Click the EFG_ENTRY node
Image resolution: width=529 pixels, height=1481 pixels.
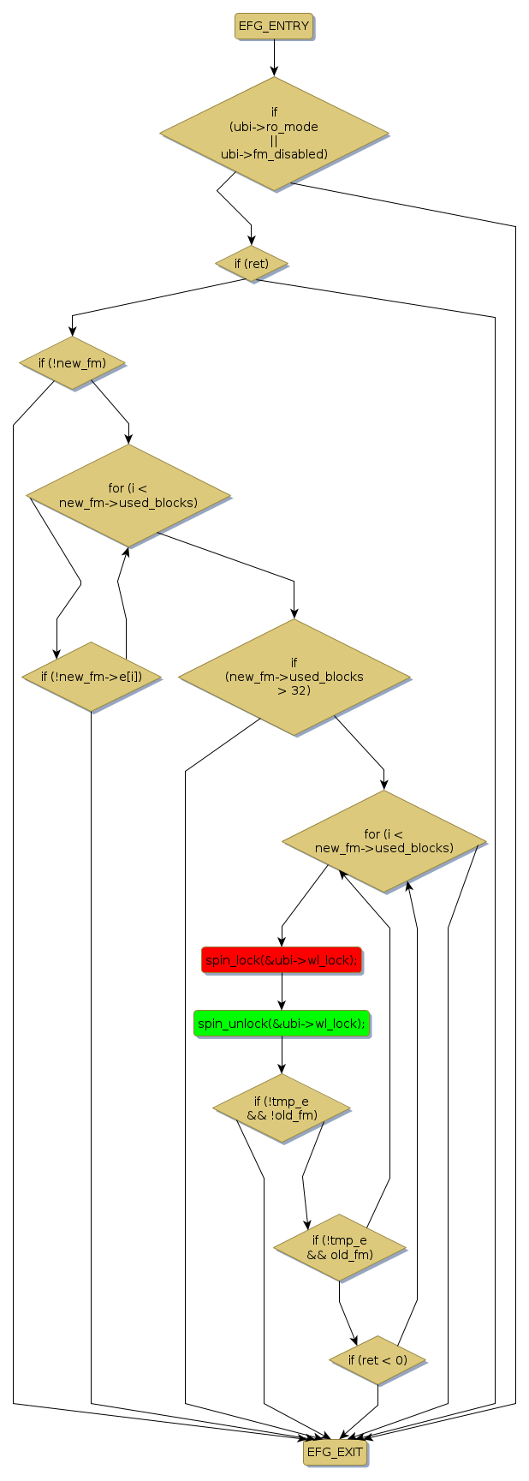click(x=274, y=27)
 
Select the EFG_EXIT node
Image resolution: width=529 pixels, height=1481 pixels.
click(x=336, y=1452)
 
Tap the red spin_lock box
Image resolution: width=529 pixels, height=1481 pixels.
click(x=281, y=960)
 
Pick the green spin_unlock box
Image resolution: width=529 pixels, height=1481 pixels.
click(x=282, y=1023)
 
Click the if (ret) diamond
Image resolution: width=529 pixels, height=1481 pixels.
click(x=251, y=264)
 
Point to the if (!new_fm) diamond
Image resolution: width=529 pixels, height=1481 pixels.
click(x=72, y=363)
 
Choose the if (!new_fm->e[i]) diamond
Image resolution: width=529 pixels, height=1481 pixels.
click(x=91, y=677)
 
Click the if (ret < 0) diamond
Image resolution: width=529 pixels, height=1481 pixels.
click(x=377, y=1360)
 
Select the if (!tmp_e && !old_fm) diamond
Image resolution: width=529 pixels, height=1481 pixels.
click(x=282, y=1108)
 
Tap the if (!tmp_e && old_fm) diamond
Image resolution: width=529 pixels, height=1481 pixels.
click(x=339, y=1248)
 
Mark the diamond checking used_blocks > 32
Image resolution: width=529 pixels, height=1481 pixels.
click(x=294, y=677)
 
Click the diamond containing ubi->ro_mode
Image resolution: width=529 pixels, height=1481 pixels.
click(x=274, y=134)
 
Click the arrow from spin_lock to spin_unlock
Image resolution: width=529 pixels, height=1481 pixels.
click(x=282, y=992)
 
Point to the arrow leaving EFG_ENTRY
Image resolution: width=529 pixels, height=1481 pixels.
click(x=274, y=58)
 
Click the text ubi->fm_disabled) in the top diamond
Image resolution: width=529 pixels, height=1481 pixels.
click(x=274, y=155)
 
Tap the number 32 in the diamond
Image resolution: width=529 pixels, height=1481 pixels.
click(x=300, y=690)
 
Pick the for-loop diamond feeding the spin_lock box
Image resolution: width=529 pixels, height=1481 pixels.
click(x=384, y=841)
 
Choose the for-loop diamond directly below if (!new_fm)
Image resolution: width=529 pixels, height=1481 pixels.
click(x=128, y=496)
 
